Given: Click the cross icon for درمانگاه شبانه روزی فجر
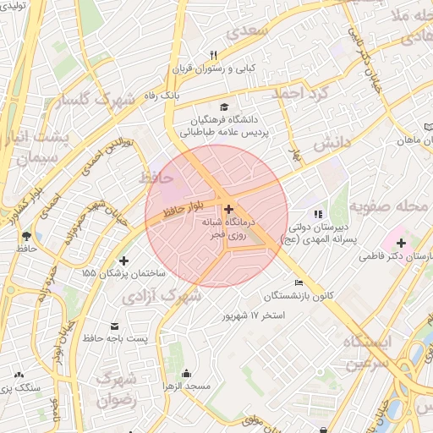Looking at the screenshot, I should pos(230,207).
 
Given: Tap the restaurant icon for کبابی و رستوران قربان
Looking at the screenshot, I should pos(214,55).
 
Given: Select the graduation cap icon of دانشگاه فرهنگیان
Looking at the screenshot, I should pos(224,107).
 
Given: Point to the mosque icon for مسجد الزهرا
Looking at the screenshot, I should pos(186,373).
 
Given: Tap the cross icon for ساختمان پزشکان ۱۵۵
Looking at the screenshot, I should pos(125,260).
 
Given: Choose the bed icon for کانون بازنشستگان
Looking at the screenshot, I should pos(297,282).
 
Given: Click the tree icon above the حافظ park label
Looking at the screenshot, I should pos(27,235).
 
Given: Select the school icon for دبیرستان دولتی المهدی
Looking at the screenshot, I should pos(318,215).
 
